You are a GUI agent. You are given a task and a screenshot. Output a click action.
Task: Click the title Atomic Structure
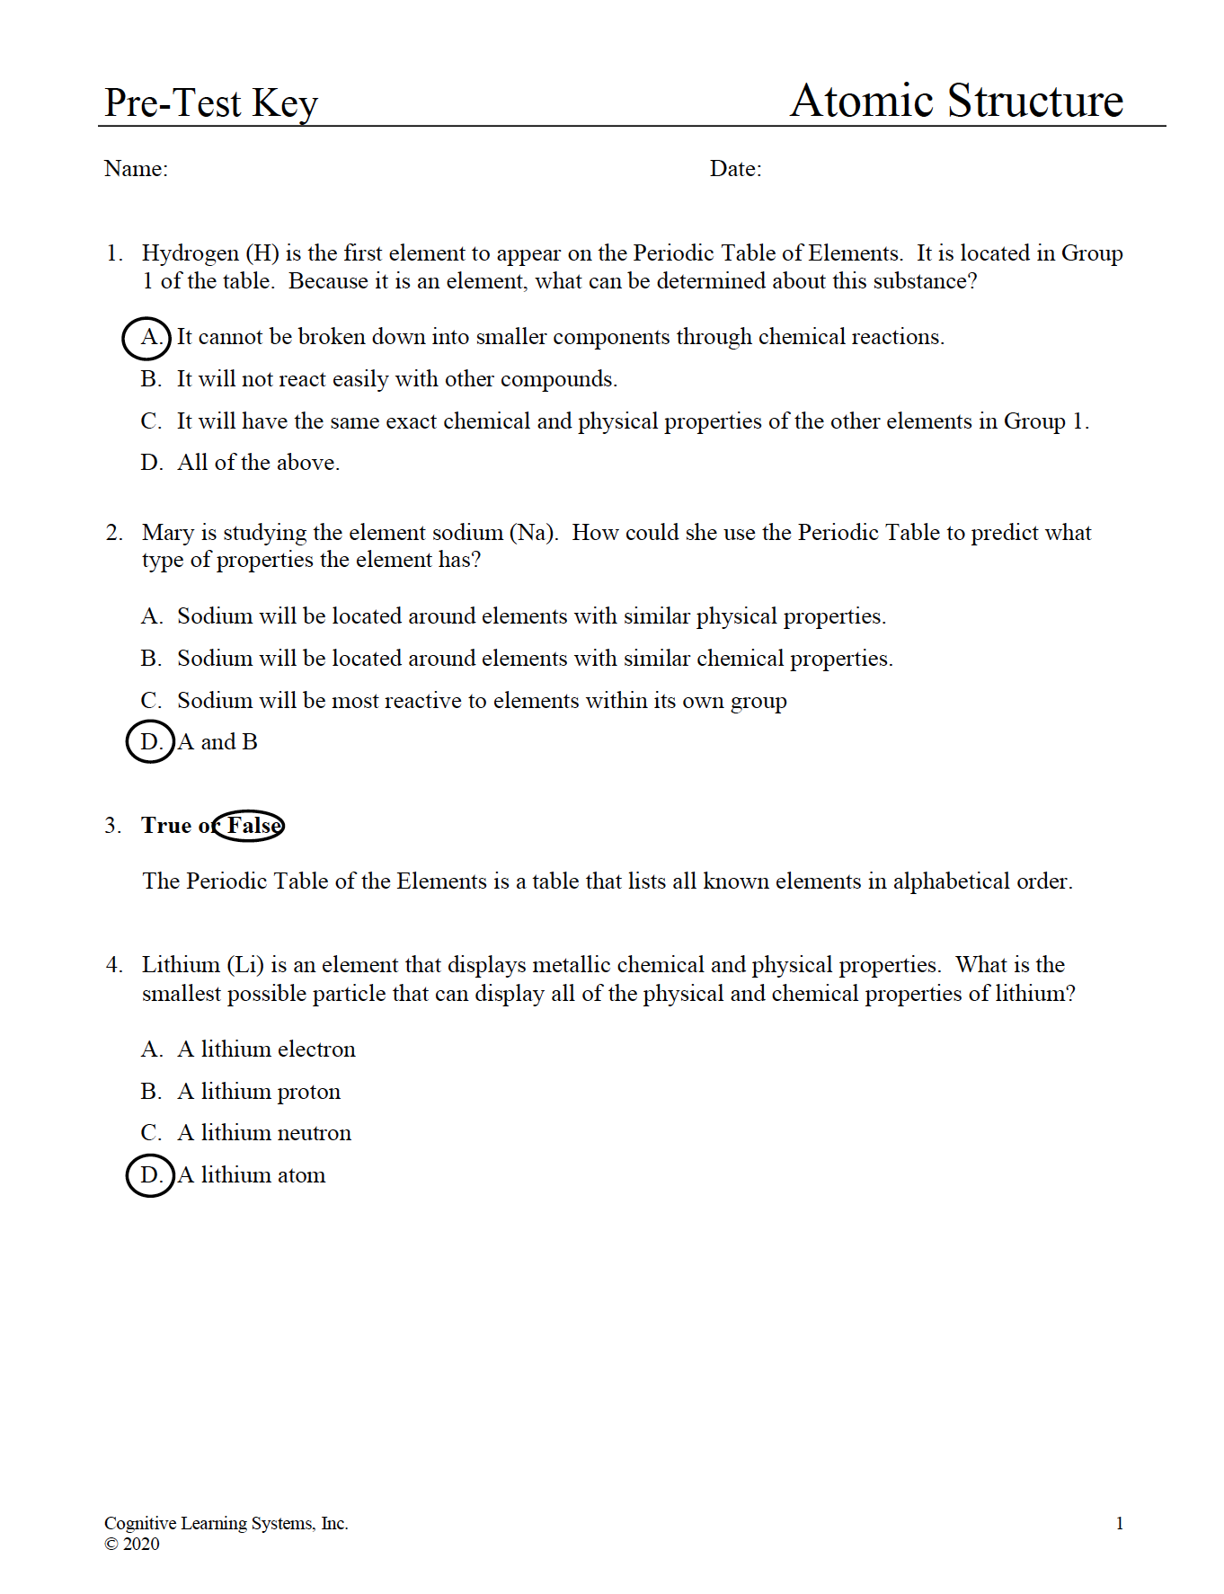pos(956,101)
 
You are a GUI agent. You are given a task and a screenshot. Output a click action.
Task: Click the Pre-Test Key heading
pos(210,103)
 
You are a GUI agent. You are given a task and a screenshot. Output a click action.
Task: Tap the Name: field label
pos(136,169)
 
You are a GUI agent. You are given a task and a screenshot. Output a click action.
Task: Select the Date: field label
pos(735,169)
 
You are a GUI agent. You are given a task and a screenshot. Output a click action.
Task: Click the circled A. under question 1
pos(147,338)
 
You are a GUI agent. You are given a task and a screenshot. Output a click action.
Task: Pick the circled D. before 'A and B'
pos(150,742)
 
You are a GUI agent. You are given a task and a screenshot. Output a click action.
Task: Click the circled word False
pos(251,826)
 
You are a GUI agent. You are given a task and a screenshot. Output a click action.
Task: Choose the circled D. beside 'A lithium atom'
pos(150,1175)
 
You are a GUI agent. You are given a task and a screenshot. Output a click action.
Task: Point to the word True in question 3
pos(166,826)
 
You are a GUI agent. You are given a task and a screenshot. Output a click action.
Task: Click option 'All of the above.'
pos(258,463)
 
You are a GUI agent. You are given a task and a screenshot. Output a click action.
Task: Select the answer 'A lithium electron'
pos(266,1049)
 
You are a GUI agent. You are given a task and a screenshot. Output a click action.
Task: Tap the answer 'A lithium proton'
pos(259,1092)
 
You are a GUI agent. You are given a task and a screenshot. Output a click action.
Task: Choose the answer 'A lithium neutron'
pos(264,1133)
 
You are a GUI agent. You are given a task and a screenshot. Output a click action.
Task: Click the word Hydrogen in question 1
pos(190,253)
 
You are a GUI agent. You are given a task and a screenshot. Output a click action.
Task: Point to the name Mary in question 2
pos(168,533)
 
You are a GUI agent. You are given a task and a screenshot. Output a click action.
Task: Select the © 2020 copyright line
pos(132,1544)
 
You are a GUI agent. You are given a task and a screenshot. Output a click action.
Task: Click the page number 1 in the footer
pos(1120,1523)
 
